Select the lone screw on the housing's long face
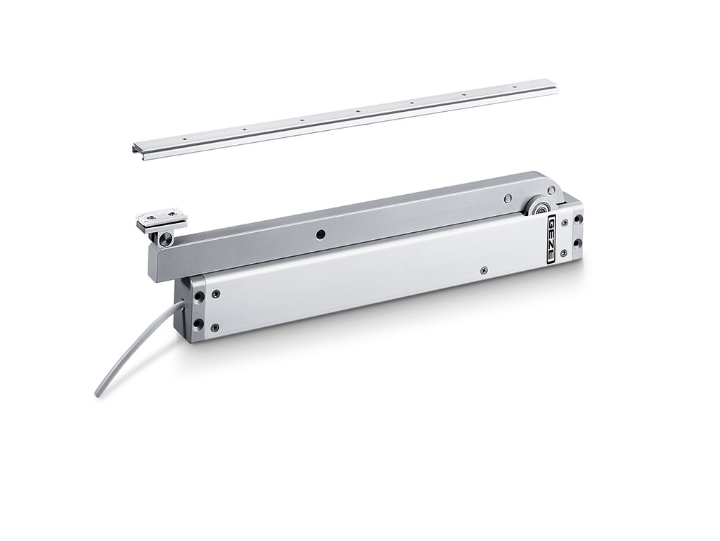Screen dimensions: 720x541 pos(483,272)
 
